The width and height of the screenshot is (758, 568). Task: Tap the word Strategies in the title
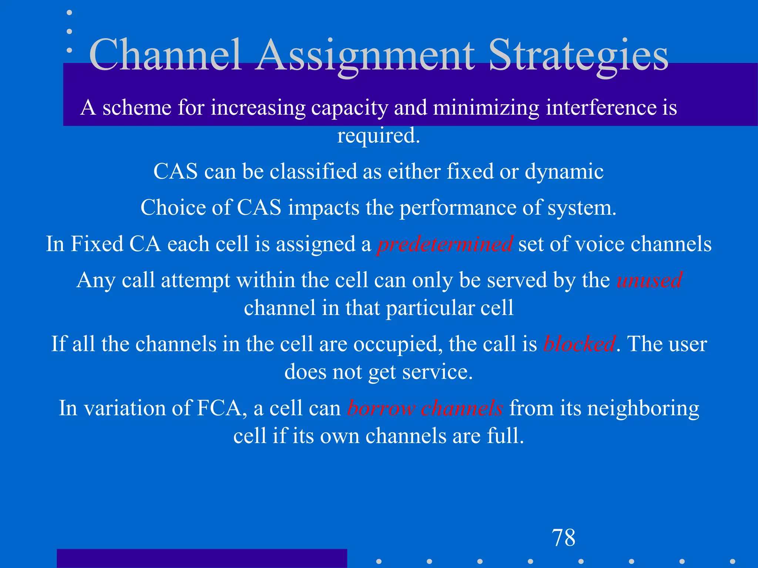(x=578, y=55)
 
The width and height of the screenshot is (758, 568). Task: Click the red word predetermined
(x=445, y=244)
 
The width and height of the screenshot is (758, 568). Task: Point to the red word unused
(x=649, y=280)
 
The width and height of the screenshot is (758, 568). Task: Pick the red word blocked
(x=579, y=344)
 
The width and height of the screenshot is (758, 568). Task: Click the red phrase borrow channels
(x=425, y=408)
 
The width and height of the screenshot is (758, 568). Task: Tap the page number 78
(x=564, y=538)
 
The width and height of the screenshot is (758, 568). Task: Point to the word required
(x=379, y=136)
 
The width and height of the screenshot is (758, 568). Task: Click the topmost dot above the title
(x=69, y=13)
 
